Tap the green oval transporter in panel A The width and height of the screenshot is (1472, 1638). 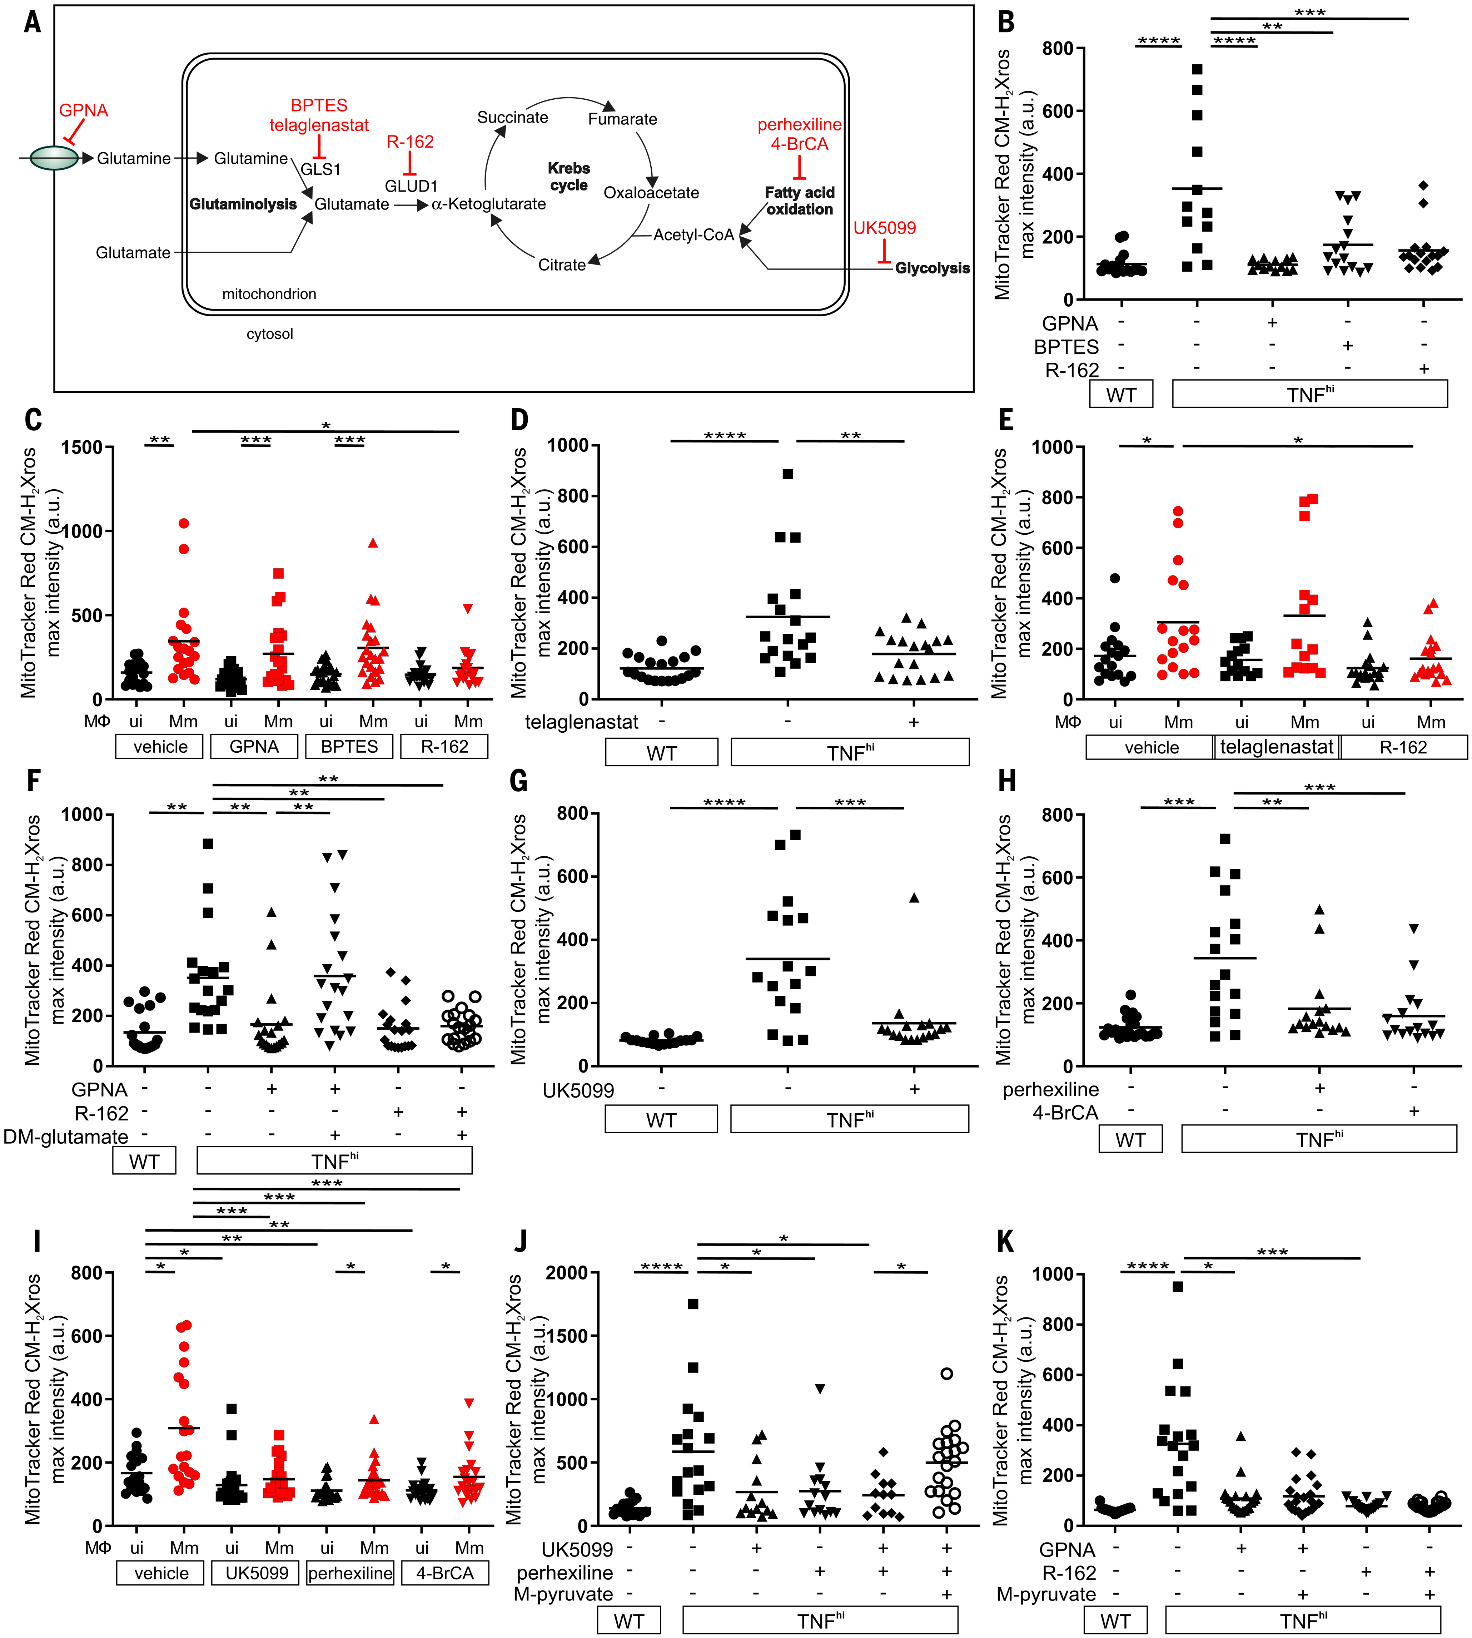click(x=54, y=158)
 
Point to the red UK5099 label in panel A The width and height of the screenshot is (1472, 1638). click(x=885, y=228)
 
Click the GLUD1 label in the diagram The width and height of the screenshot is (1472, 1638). click(x=411, y=186)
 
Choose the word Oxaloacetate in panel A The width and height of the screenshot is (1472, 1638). click(x=651, y=193)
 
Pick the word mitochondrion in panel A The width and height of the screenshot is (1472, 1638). click(x=269, y=294)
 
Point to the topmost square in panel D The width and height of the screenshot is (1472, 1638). click(x=788, y=474)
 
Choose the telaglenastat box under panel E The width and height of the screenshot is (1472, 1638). click(x=1277, y=747)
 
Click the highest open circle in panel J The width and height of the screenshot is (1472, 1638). click(x=946, y=1374)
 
